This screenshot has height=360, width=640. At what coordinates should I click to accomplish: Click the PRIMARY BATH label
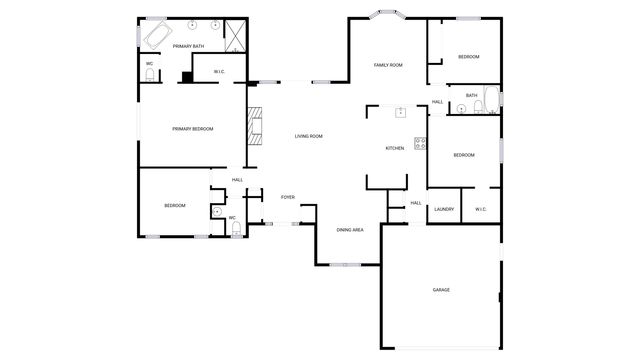tap(188, 46)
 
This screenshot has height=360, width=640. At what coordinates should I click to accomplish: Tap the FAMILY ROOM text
tap(388, 65)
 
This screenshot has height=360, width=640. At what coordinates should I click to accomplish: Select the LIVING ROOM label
tap(308, 136)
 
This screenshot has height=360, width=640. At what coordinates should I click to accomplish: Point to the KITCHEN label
tap(395, 148)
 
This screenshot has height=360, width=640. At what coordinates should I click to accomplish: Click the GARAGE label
tap(441, 290)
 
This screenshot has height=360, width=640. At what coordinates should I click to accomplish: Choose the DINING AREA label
tap(349, 230)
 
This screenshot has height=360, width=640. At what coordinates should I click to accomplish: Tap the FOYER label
tap(288, 197)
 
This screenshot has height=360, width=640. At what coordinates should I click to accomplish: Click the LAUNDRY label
tap(444, 209)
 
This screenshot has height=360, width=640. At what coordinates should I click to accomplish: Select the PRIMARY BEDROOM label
tap(192, 128)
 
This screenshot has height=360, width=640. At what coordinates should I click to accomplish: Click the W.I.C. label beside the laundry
tap(480, 209)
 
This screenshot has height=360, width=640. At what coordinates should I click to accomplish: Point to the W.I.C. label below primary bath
tap(220, 71)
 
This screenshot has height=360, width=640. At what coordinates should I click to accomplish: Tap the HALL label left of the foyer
tap(237, 180)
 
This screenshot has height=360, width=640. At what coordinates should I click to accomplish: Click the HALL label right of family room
tap(437, 102)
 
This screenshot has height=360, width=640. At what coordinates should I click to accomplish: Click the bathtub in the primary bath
tap(156, 38)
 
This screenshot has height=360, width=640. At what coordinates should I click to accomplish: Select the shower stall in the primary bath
tap(236, 36)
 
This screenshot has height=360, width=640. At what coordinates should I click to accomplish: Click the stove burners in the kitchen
tap(420, 144)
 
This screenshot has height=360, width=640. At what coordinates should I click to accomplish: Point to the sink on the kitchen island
tap(400, 112)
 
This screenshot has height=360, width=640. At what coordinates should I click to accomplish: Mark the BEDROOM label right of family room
tap(468, 57)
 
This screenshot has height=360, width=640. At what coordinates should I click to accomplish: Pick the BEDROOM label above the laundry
tap(463, 155)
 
